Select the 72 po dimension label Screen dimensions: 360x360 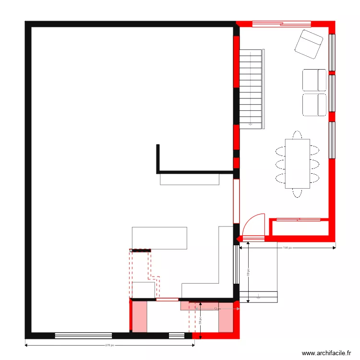pos(216,309)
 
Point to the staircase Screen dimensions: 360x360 pos(252,89)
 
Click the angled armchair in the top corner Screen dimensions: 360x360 pos(308,44)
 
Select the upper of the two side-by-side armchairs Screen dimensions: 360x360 pos(314,80)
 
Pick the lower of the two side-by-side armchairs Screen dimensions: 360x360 pos(314,105)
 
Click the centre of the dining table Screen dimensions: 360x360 pos(298,164)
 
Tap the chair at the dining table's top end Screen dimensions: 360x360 pos(298,135)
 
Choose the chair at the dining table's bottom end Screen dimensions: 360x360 pos(298,192)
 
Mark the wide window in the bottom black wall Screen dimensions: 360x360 pos(84,336)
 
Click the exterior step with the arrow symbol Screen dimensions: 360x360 pos(258,297)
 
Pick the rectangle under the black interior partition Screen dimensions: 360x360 pos(190,179)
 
